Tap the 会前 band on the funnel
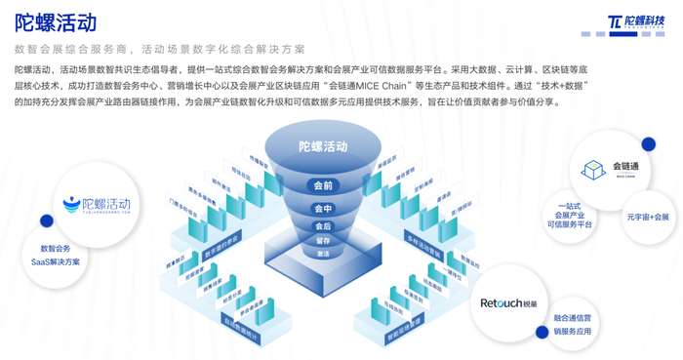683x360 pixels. click(323, 185)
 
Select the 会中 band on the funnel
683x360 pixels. click(323, 209)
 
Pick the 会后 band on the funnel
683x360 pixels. click(323, 226)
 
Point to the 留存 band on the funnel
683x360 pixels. click(323, 240)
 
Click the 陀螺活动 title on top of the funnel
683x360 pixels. click(323, 146)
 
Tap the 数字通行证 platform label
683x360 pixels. click(223, 240)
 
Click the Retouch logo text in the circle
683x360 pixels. click(510, 302)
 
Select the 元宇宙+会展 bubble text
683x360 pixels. click(648, 217)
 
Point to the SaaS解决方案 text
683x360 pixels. click(55, 261)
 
